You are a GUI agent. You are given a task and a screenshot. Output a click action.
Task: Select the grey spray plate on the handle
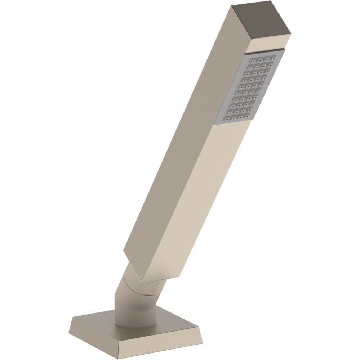[x=249, y=88]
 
